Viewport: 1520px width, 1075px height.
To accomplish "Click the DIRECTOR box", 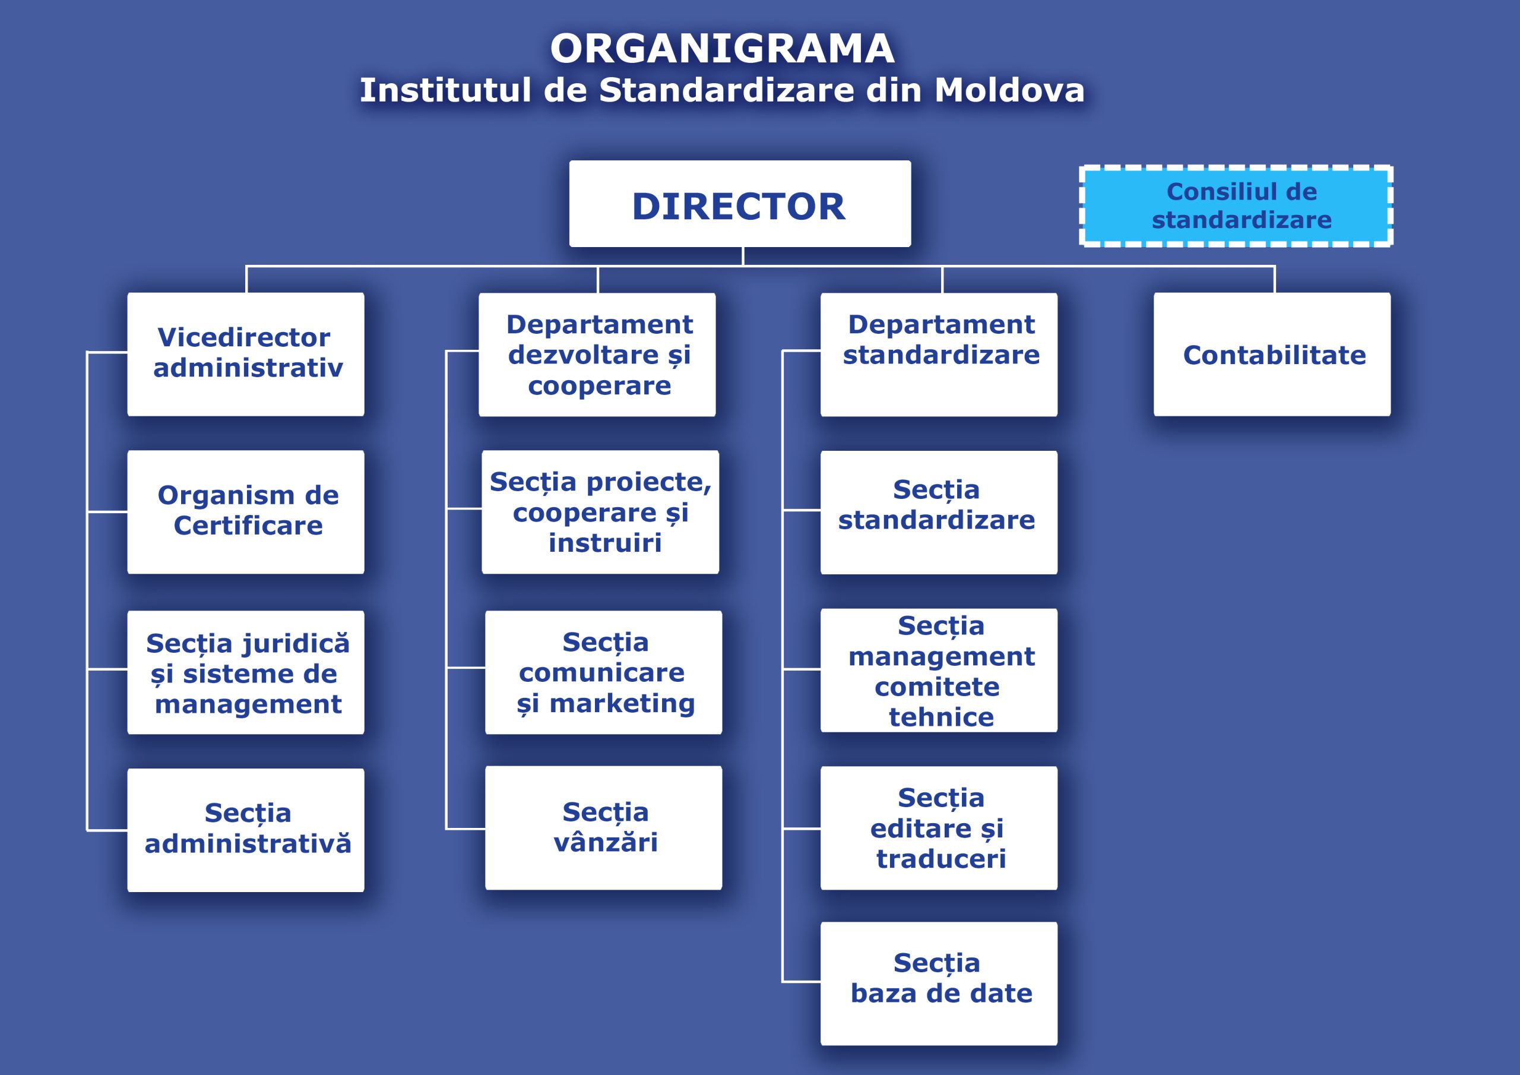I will point(739,204).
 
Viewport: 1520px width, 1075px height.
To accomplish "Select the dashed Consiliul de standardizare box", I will point(1236,206).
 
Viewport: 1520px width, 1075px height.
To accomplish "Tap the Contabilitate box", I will point(1272,355).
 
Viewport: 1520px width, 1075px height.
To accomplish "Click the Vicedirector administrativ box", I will point(246,355).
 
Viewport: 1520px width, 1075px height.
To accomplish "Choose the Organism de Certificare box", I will point(246,512).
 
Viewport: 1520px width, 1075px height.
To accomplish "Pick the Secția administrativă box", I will point(246,829).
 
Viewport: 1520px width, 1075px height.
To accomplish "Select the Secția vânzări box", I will point(603,827).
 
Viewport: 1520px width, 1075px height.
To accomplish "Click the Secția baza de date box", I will point(939,983).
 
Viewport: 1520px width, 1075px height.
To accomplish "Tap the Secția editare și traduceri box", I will point(939,828).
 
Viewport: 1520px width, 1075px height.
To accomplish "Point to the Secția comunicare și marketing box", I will point(603,672).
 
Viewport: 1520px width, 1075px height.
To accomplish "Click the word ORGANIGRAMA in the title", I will point(722,49).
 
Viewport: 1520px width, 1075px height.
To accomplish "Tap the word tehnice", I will point(940,717).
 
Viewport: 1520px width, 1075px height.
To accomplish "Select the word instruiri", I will point(604,543).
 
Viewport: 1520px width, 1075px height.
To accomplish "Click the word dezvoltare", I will point(583,355).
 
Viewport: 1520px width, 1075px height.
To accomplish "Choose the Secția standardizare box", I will point(939,512).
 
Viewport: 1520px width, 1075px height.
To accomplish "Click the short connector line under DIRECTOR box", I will point(743,257).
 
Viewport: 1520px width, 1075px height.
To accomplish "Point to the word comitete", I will point(937,687).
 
